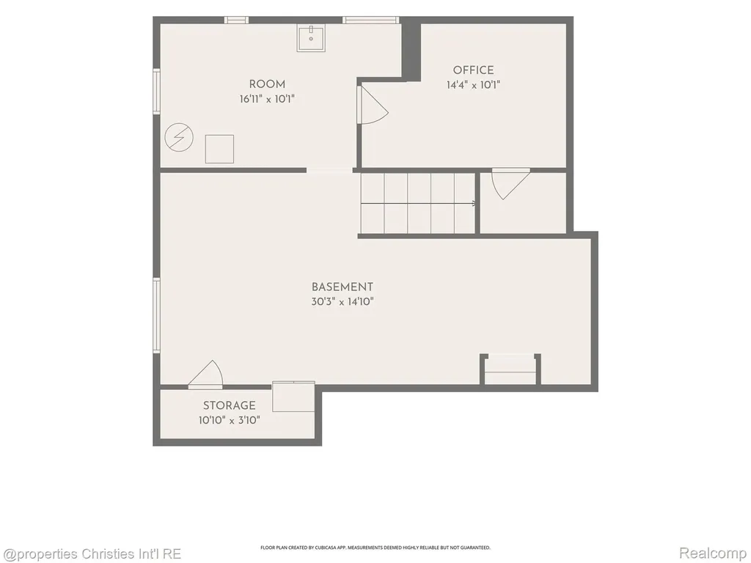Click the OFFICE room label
[x=473, y=70]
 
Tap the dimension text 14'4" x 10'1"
[x=473, y=85]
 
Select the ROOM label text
[x=267, y=84]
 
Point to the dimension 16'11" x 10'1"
[x=267, y=99]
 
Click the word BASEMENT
[x=342, y=287]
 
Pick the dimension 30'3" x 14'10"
[x=342, y=301]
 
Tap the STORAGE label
[x=230, y=405]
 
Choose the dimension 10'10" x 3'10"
[x=230, y=420]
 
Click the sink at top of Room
[x=311, y=38]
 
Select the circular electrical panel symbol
[x=179, y=138]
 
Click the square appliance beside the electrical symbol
[x=219, y=149]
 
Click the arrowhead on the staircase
[x=475, y=204]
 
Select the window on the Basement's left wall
[x=156, y=315]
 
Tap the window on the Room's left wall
[x=156, y=91]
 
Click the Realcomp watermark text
[x=713, y=553]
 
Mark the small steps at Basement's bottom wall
[x=510, y=369]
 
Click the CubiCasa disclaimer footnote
[x=375, y=548]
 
